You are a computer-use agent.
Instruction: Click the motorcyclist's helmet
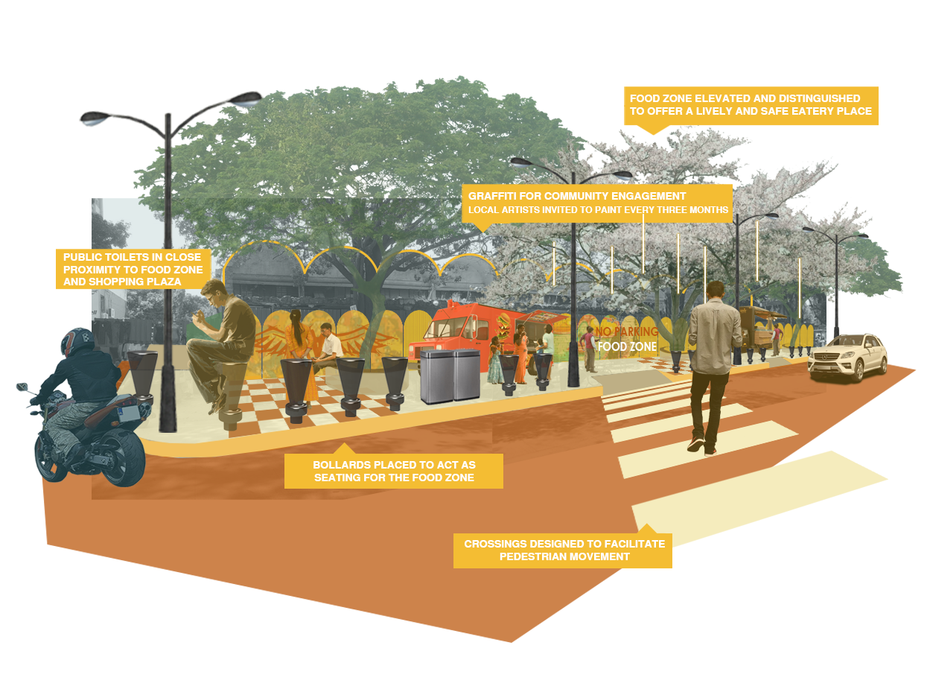(x=77, y=342)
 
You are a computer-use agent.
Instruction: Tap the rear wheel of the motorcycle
(x=124, y=457)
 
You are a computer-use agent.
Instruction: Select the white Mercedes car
(x=848, y=356)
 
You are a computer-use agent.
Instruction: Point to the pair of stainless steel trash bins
(x=450, y=376)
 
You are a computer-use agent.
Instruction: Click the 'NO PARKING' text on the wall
(x=627, y=331)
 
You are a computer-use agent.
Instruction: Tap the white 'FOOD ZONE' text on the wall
(x=627, y=346)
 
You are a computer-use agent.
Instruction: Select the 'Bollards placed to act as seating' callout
(x=393, y=470)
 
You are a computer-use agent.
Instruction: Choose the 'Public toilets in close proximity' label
(x=133, y=269)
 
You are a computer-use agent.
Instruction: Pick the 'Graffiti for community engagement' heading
(x=576, y=196)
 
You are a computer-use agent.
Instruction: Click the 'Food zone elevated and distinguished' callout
(x=751, y=106)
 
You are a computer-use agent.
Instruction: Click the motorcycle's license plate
(x=128, y=413)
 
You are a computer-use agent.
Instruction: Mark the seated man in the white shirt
(x=328, y=348)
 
